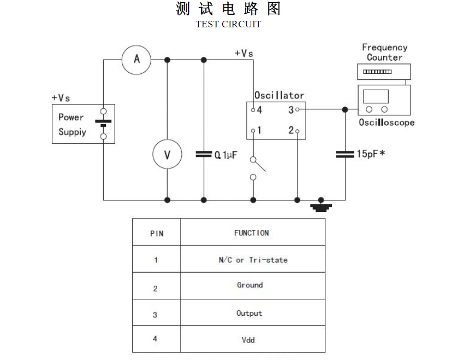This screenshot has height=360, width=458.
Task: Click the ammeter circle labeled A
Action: [136, 60]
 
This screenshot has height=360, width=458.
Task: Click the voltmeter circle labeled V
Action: [167, 155]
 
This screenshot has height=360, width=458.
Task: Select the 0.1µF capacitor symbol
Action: [204, 155]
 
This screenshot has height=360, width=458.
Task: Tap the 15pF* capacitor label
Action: [371, 154]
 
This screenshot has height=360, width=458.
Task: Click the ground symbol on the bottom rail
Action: [321, 206]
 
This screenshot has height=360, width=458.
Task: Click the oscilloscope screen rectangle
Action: [376, 97]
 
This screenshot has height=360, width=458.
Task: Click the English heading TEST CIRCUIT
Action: [228, 24]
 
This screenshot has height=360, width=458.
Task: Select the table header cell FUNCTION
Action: [252, 233]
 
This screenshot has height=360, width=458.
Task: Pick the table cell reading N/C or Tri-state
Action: [252, 259]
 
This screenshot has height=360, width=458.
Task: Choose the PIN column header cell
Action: [156, 233]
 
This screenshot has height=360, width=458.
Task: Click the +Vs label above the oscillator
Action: [243, 53]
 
